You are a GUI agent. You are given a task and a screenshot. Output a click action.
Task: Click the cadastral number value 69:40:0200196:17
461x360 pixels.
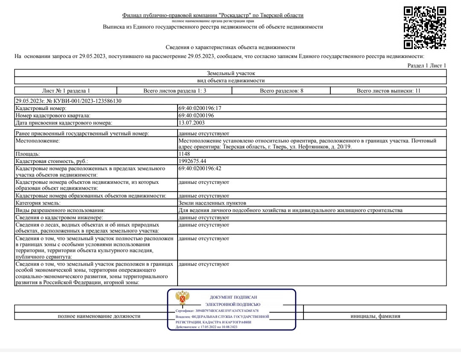pos(200,108)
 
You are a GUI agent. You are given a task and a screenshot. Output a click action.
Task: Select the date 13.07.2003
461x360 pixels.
pos(192,123)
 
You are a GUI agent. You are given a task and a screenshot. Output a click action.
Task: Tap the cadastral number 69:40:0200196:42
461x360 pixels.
pos(200,168)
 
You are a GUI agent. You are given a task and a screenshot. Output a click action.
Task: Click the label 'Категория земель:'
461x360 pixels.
pos(38,203)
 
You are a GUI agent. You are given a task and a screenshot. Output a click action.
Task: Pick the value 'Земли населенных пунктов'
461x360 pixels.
pos(212,203)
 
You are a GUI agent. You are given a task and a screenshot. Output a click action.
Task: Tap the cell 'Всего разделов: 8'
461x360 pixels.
pos(281,91)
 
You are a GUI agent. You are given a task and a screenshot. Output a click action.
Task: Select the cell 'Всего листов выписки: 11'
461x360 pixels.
pos(388,91)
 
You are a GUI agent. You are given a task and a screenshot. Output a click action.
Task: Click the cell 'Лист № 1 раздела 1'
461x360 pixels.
pos(66,91)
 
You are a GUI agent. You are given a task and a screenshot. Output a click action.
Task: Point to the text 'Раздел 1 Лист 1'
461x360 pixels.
pos(426,65)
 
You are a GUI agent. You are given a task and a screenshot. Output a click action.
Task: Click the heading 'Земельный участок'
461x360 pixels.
pos(230,73)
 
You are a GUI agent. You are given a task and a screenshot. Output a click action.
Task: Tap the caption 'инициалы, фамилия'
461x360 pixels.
pos(375,316)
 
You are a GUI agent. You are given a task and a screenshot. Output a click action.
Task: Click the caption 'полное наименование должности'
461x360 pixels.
pos(99,316)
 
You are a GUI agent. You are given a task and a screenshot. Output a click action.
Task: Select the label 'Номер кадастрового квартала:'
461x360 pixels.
pos(53,116)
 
